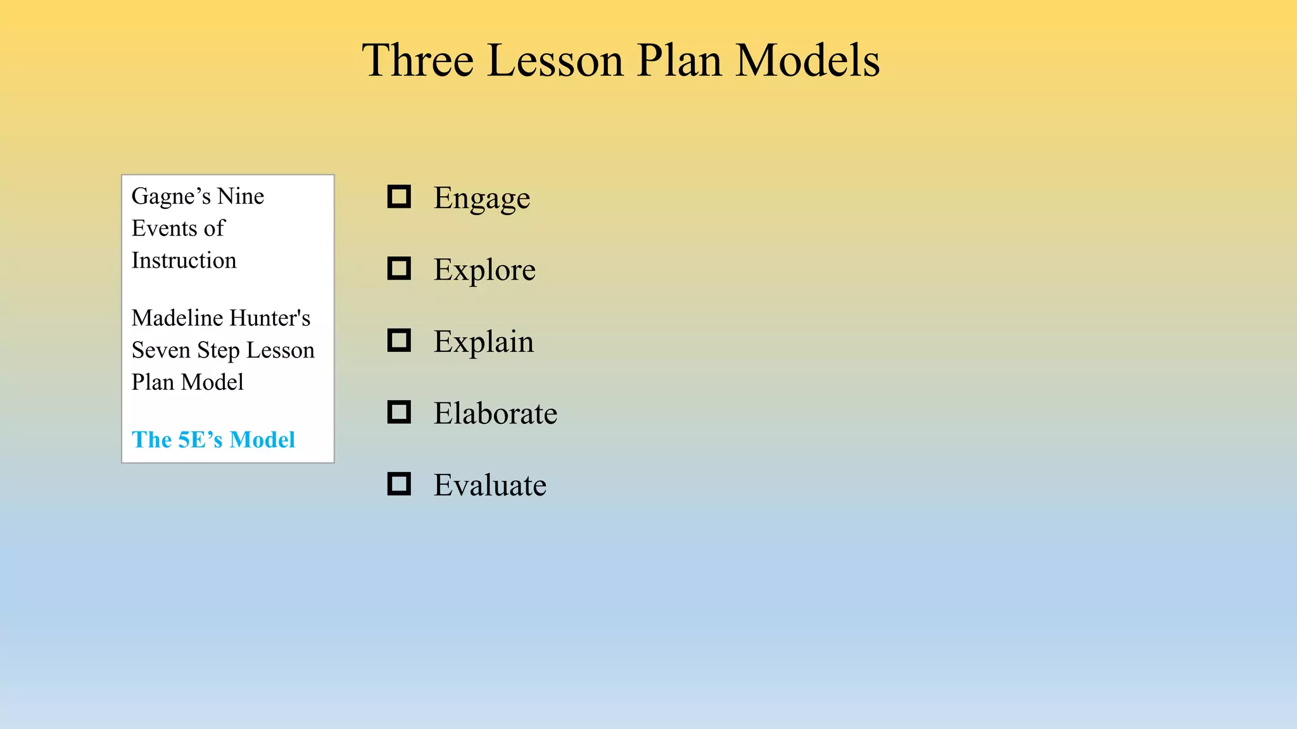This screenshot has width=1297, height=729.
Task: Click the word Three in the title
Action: pyautogui.click(x=418, y=61)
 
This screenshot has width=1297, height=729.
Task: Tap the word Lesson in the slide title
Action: pyautogui.click(x=555, y=61)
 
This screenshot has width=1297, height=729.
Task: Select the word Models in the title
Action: pyautogui.click(x=807, y=61)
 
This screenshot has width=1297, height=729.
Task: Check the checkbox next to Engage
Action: pyautogui.click(x=399, y=197)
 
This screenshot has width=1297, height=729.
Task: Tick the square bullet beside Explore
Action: pyautogui.click(x=399, y=268)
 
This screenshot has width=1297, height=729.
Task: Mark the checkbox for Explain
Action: pyautogui.click(x=399, y=340)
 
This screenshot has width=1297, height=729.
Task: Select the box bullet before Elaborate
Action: pyautogui.click(x=399, y=412)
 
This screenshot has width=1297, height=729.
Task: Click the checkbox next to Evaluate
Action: pyautogui.click(x=399, y=484)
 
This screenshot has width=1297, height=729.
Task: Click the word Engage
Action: pyautogui.click(x=481, y=199)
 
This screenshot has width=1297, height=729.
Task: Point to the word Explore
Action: pyautogui.click(x=484, y=270)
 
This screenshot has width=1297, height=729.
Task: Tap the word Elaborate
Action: pyautogui.click(x=495, y=414)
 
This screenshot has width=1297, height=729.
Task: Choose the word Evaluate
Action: pyautogui.click(x=490, y=485)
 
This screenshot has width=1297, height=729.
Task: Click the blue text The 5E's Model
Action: pyautogui.click(x=213, y=440)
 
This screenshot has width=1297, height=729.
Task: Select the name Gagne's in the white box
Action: pyautogui.click(x=171, y=197)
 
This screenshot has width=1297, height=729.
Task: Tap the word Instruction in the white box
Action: pyautogui.click(x=184, y=261)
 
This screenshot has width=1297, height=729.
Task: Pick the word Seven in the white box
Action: pyautogui.click(x=160, y=351)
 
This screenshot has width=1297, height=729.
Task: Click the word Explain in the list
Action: pyautogui.click(x=483, y=342)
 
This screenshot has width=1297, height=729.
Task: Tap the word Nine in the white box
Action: pyautogui.click(x=241, y=197)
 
